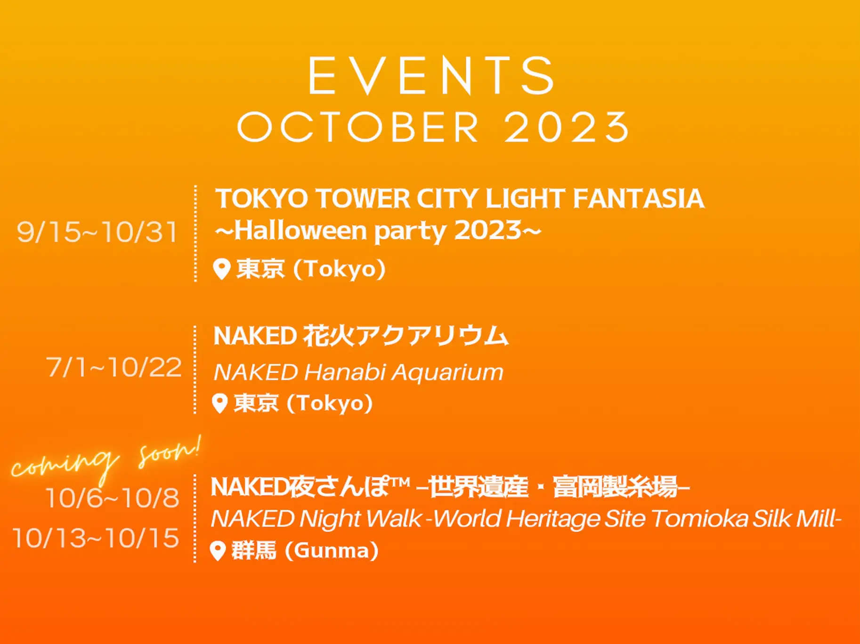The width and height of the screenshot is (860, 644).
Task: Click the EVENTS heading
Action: (431, 76)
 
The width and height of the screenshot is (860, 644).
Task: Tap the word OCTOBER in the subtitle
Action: (358, 127)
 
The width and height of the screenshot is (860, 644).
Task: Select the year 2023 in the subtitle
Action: (567, 127)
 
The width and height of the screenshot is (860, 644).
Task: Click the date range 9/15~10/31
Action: (97, 232)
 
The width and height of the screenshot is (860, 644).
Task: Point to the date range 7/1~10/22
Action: (114, 367)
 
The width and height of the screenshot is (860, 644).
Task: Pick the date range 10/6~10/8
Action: (113, 498)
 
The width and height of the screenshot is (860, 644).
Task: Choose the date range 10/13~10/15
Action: (96, 538)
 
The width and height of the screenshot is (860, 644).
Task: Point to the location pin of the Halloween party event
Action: (221, 269)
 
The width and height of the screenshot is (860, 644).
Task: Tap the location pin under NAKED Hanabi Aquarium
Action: (219, 403)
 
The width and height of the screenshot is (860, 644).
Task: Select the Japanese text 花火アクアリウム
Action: (406, 336)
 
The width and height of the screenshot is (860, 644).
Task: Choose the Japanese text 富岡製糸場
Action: (615, 487)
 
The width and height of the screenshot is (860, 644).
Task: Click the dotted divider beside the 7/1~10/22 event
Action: (195, 370)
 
